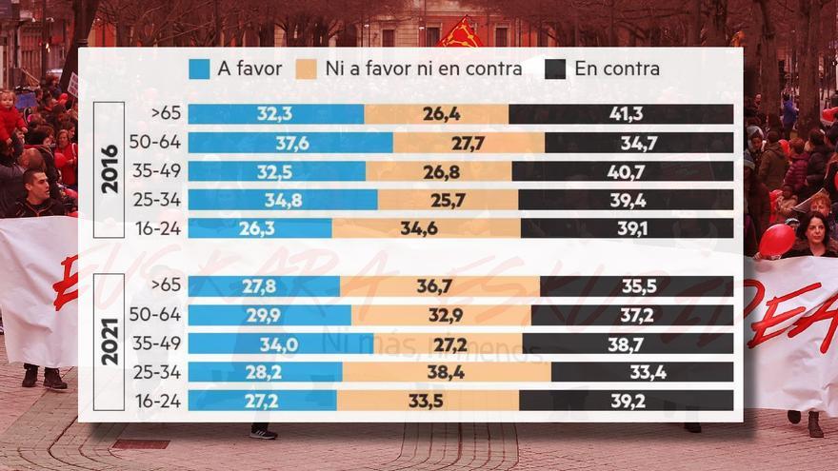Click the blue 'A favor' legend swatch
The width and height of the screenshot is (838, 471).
click(x=199, y=69)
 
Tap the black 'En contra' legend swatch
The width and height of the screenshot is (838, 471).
click(x=556, y=69)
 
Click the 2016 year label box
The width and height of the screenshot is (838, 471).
click(x=110, y=169)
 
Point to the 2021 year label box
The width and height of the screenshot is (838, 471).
click(x=110, y=342)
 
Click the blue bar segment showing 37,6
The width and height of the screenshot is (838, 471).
click(x=289, y=143)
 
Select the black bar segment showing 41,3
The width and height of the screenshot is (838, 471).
click(x=621, y=114)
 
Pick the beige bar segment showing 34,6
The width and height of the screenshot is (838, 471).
click(x=426, y=228)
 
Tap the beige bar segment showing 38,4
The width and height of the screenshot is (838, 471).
click(x=446, y=372)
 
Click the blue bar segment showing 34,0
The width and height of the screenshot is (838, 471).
click(x=280, y=343)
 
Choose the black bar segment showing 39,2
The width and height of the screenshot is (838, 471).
click(x=627, y=401)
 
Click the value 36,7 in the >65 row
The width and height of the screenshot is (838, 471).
click(x=439, y=286)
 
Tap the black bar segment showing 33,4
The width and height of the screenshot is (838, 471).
click(x=642, y=372)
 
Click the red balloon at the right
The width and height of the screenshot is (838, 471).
click(x=776, y=239)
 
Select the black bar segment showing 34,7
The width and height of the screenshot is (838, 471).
click(x=639, y=143)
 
